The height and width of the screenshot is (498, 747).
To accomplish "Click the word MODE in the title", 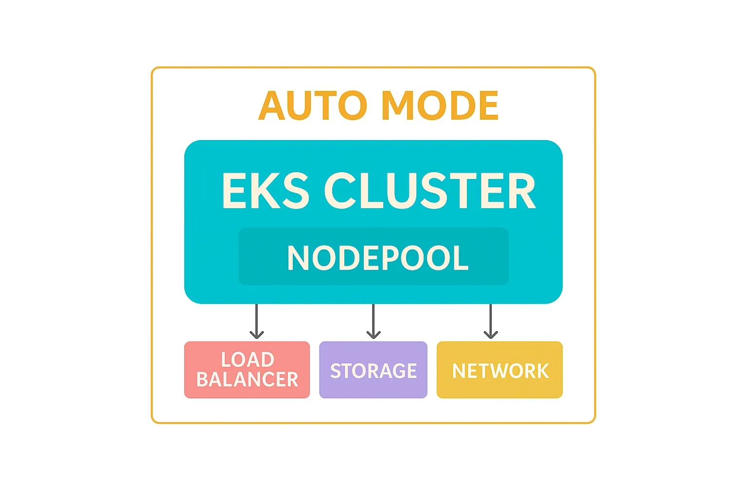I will [440, 106].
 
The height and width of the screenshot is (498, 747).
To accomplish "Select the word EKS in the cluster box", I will [266, 191].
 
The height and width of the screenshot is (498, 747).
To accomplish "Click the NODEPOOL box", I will [373, 257].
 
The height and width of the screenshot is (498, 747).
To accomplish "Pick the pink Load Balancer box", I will [247, 370].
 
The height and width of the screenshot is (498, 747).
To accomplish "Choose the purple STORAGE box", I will [373, 370].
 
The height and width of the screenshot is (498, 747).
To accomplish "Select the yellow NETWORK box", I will [499, 370].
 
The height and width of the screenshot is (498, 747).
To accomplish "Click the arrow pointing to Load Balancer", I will [256, 321].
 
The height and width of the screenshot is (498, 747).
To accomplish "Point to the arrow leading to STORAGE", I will [373, 321].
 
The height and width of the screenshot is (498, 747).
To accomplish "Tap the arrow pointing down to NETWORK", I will [491, 321].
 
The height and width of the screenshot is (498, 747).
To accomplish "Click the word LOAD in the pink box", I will [248, 360].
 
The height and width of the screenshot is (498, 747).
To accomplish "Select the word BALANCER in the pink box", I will [247, 380].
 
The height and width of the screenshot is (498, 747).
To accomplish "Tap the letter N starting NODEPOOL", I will [298, 258].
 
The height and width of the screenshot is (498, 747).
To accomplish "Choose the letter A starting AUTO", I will [272, 106].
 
